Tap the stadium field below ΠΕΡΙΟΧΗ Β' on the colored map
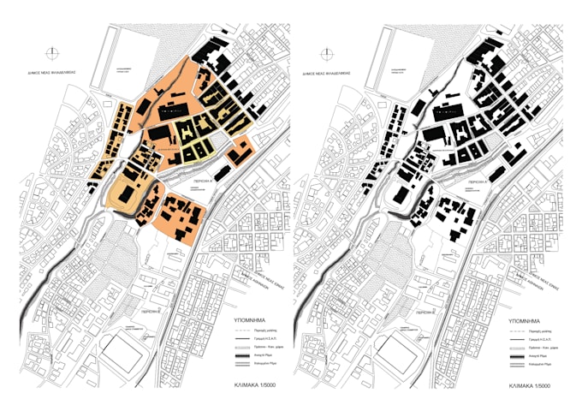(117, 351)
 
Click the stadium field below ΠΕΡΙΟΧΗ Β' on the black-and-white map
(393, 351)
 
